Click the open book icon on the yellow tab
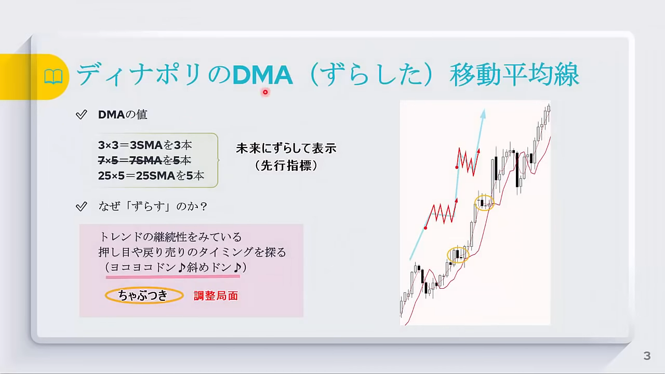(54, 76)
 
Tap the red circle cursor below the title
(265, 92)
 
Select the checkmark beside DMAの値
(82, 115)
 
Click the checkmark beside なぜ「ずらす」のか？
(82, 206)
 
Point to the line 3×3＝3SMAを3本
(145, 145)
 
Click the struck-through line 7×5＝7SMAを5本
(144, 161)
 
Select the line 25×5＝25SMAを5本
(151, 176)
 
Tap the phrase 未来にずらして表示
(286, 149)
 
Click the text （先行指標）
(286, 166)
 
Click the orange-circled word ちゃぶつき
(144, 296)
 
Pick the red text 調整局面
(216, 296)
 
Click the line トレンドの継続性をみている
(171, 237)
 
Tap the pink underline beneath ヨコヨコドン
(173, 277)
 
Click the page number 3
(647, 356)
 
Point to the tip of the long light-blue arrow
(484, 109)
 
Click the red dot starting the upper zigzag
(457, 168)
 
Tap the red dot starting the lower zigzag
(425, 228)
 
